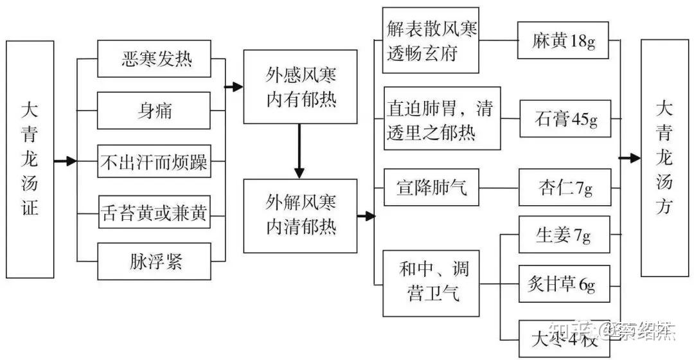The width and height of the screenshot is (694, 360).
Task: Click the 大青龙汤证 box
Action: pyautogui.click(x=30, y=159)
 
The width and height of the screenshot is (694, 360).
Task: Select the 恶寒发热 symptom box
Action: pyautogui.click(x=154, y=60)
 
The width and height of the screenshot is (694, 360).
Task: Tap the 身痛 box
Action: pyautogui.click(x=154, y=111)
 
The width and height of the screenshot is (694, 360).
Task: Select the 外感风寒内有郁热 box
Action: pyautogui.click(x=300, y=86)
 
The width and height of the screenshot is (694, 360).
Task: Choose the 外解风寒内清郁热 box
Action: pyautogui.click(x=300, y=215)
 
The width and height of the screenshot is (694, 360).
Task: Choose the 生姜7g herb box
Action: pyautogui.click(x=563, y=236)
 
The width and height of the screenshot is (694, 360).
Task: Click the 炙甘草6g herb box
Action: pyautogui.click(x=563, y=285)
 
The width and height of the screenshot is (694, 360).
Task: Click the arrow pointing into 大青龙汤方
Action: pyautogui.click(x=630, y=158)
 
